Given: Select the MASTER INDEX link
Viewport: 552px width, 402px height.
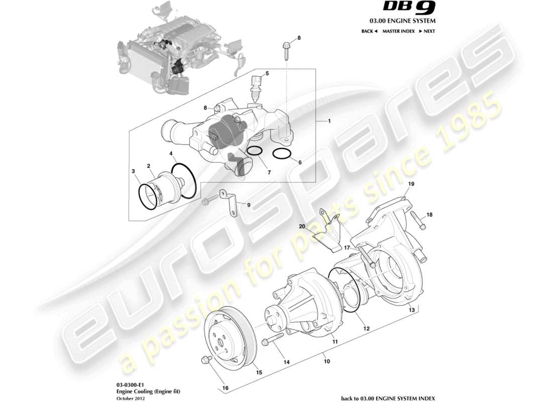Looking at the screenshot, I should tap(398, 31).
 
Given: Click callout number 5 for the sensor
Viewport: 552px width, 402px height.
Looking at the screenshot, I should tap(267, 73).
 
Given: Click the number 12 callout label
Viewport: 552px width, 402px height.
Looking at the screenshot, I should tap(367, 329).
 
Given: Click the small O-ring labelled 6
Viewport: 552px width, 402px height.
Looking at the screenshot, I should tap(282, 153).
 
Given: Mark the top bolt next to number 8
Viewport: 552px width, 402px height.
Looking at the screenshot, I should tap(286, 50).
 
